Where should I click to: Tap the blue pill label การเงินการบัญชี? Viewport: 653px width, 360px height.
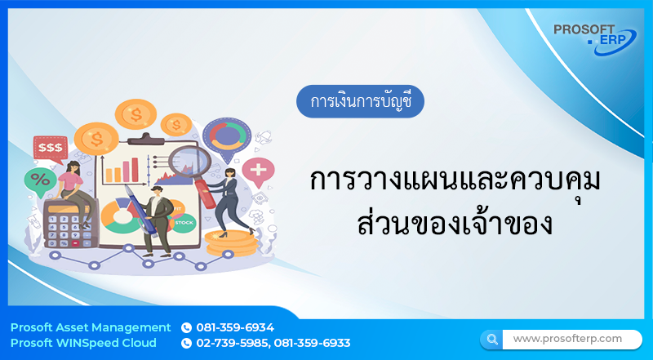(x=360, y=103)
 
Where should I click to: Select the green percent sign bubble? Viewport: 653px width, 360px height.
(x=38, y=180)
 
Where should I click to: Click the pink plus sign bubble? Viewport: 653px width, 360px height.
(x=260, y=171)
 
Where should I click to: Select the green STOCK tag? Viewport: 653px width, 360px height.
(x=184, y=221)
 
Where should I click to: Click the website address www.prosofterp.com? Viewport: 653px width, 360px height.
(x=567, y=338)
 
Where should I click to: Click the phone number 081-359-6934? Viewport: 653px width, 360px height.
(x=235, y=328)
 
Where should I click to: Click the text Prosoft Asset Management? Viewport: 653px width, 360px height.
(x=91, y=328)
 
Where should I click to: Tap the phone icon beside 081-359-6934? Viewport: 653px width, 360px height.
(x=186, y=328)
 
